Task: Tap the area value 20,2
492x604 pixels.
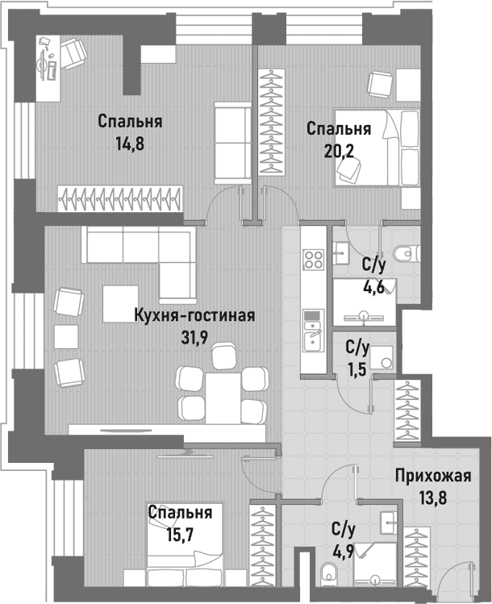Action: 338,151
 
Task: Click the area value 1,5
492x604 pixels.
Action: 357,369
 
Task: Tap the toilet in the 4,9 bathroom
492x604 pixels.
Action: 327,574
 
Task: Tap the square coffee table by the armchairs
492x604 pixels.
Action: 119,308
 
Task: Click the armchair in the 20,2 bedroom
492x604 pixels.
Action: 379,83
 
